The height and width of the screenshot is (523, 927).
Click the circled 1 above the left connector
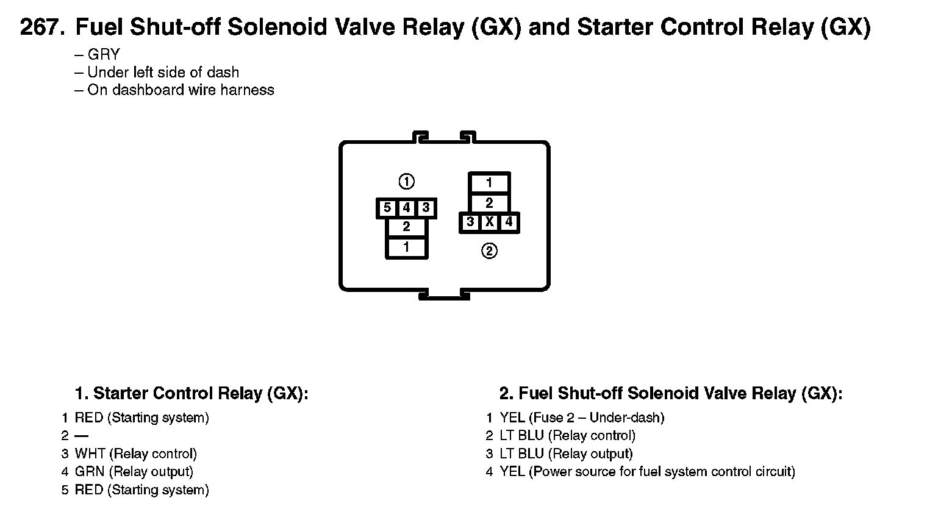click(x=406, y=182)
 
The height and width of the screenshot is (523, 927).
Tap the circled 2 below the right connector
click(x=489, y=251)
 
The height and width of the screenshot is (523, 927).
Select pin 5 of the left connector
click(x=387, y=208)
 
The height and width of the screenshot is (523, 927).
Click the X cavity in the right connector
click(x=489, y=222)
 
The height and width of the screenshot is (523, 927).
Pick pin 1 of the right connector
click(x=489, y=182)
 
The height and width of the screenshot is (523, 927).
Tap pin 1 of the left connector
click(x=406, y=247)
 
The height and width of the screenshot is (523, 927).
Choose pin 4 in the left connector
click(x=406, y=208)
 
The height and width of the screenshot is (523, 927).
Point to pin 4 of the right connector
click(x=509, y=222)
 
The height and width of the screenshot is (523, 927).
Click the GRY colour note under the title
click(x=104, y=54)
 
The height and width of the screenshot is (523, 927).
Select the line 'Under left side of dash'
click(x=163, y=72)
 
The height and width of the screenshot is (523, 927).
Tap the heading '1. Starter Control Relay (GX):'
click(x=191, y=393)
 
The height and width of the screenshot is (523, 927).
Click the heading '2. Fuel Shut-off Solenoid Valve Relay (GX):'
click(x=671, y=393)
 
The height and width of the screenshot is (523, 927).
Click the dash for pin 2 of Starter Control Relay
click(x=81, y=436)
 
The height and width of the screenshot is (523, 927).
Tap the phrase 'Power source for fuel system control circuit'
click(x=662, y=471)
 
